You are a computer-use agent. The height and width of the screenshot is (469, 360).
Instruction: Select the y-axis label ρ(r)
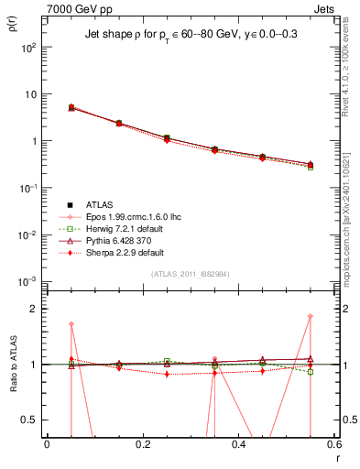[x=13, y=26]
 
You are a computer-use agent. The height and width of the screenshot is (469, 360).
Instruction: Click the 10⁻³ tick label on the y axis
[x=29, y=281]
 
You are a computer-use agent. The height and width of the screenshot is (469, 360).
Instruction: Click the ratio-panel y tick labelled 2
[x=34, y=309]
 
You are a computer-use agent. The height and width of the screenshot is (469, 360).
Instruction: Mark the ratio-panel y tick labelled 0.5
[x=30, y=420]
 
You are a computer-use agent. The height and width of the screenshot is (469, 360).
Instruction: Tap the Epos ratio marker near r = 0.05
[x=71, y=324]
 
